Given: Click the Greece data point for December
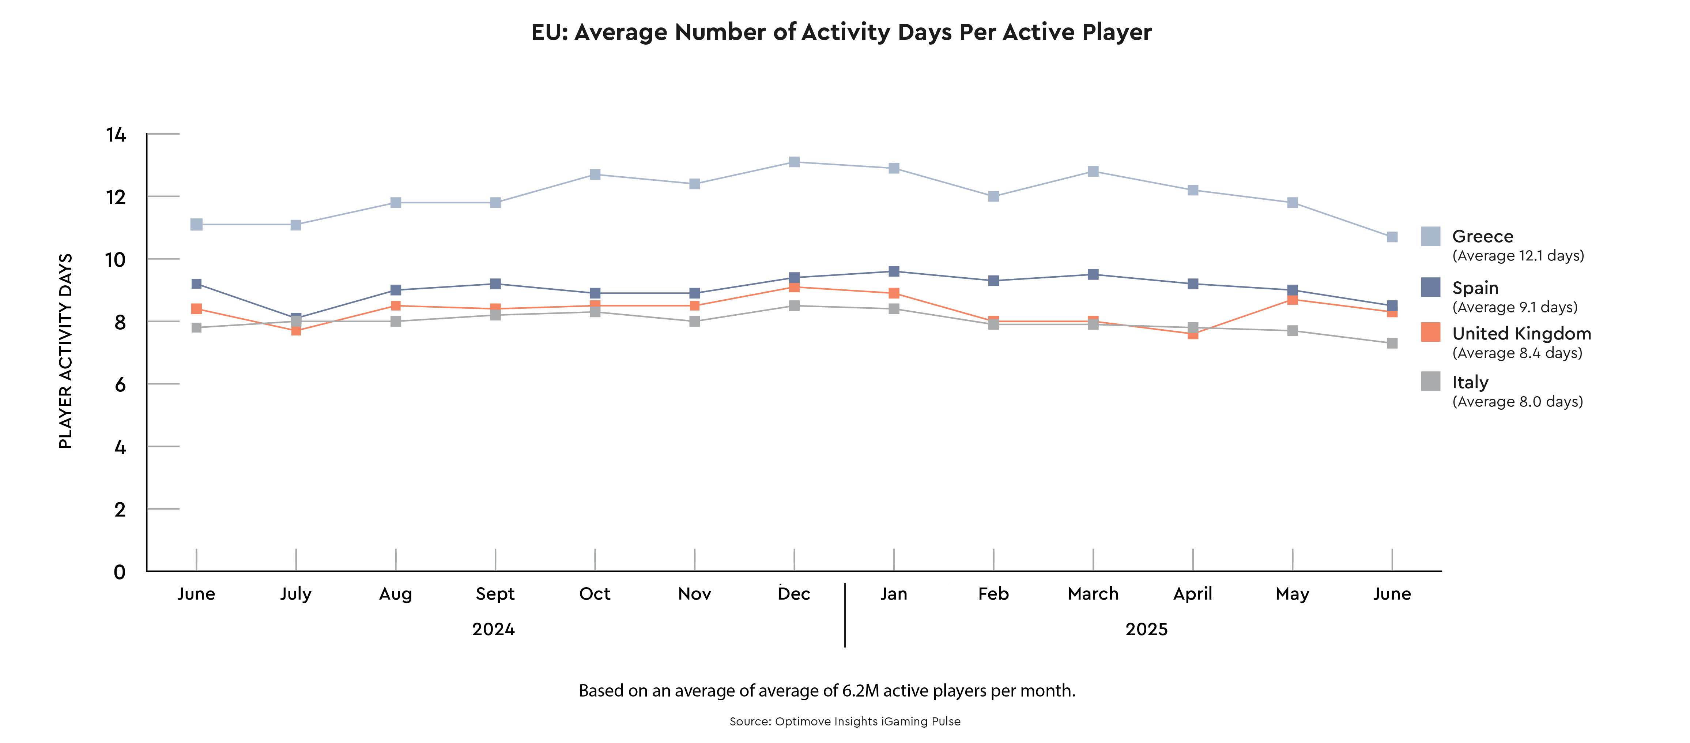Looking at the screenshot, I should click(x=794, y=162).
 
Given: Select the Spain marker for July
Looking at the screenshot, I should click(x=296, y=318).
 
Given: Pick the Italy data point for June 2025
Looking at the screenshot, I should click(x=1392, y=343).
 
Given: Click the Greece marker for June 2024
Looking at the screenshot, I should click(x=196, y=225).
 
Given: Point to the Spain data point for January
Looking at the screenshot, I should click(x=894, y=271).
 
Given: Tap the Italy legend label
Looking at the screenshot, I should click(x=1470, y=382).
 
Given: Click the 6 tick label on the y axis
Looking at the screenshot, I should click(x=120, y=384).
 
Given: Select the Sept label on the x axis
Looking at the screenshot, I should click(x=495, y=594).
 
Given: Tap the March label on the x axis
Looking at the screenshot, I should click(x=1093, y=594).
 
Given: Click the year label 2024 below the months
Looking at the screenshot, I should click(x=493, y=630).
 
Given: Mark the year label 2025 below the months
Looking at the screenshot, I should click(x=1146, y=630).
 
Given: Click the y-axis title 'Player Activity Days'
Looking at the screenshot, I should click(x=65, y=351).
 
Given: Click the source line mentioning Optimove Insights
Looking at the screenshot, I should click(x=844, y=721).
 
